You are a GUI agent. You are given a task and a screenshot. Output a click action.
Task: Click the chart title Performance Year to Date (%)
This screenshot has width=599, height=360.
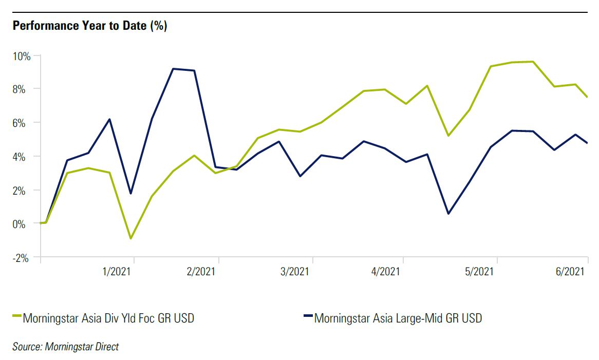pos(90,26)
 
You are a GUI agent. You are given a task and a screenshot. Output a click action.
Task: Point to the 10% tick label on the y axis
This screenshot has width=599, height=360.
pos(22,55)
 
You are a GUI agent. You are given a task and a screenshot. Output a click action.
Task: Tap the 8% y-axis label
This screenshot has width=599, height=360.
pos(24,89)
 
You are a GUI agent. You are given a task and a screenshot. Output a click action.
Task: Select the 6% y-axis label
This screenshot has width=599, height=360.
pos(24,123)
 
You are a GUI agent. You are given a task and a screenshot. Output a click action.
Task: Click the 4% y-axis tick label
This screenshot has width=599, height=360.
pos(24,156)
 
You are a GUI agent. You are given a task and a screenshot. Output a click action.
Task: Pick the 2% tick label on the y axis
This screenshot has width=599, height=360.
pos(24,190)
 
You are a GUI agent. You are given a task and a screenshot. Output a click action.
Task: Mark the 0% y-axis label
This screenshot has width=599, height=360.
pos(24,223)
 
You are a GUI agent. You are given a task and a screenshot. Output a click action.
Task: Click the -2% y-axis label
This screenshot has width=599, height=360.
pos(22,257)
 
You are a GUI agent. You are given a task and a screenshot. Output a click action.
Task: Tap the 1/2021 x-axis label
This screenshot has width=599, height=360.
pos(117,271)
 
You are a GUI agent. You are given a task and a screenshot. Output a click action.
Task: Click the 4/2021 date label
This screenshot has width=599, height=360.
pos(384,271)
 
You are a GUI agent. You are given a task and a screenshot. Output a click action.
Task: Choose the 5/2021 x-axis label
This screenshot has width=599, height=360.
pos(478,271)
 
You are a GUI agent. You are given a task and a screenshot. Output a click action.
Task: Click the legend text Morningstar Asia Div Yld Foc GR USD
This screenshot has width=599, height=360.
pos(108,318)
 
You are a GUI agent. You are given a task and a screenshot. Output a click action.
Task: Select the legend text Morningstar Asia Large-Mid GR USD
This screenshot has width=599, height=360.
pos(398,318)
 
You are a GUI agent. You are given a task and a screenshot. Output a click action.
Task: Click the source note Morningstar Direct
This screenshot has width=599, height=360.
pos(65,347)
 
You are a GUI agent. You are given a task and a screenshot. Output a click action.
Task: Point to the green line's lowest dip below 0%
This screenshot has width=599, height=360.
pos(132,238)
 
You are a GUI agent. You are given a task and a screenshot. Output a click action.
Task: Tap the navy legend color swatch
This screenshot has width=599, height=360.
pos(308,316)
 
